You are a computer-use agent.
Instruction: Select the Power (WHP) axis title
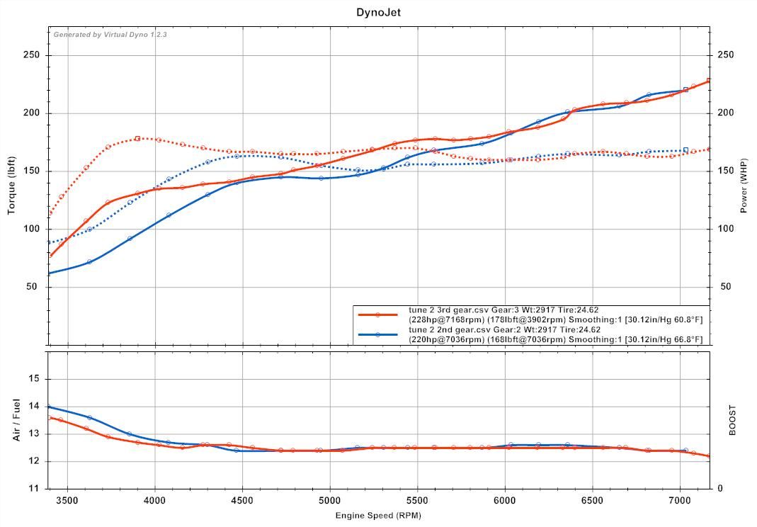click(744, 186)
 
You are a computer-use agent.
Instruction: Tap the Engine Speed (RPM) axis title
click(378, 515)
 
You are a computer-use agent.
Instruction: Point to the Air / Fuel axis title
click(16, 419)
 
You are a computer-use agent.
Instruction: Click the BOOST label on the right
click(732, 419)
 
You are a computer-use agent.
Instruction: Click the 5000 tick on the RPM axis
click(330, 501)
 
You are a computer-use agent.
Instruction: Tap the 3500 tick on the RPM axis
click(67, 501)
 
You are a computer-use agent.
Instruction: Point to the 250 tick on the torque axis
click(31, 55)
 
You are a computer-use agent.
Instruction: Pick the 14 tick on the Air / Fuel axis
click(34, 407)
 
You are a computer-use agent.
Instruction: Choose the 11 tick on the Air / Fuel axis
click(34, 488)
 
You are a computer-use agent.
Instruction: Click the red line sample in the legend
click(377, 314)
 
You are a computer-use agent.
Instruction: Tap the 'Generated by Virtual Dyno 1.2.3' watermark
click(110, 34)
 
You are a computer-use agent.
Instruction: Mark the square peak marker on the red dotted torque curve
click(137, 138)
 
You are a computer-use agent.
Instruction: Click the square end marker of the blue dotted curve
click(685, 150)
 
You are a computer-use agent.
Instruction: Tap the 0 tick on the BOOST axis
click(720, 488)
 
